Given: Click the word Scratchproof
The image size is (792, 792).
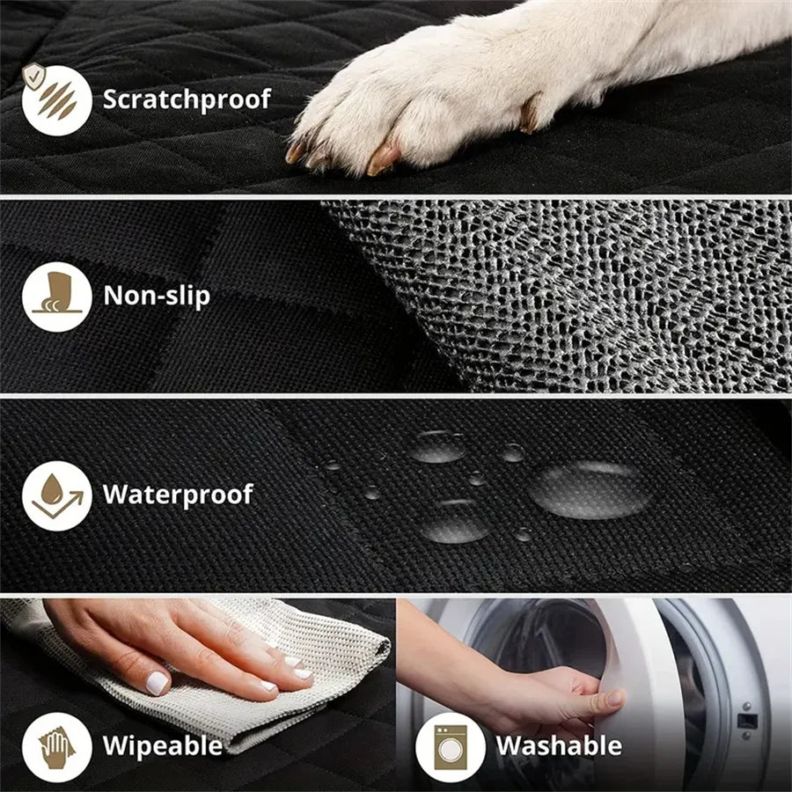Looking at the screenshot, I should [x=187, y=99].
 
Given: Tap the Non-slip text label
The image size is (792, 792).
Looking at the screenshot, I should [x=157, y=296].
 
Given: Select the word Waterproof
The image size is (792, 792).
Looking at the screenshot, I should [x=178, y=494].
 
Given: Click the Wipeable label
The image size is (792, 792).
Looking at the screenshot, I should [x=163, y=746].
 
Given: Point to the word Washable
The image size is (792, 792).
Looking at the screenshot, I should [x=559, y=746].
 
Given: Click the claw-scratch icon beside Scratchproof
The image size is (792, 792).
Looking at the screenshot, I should [x=57, y=99].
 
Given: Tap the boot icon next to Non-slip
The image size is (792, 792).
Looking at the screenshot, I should [x=57, y=297].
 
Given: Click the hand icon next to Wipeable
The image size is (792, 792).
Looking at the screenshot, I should [x=57, y=746].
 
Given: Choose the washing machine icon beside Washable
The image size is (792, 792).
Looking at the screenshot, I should [x=450, y=746].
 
